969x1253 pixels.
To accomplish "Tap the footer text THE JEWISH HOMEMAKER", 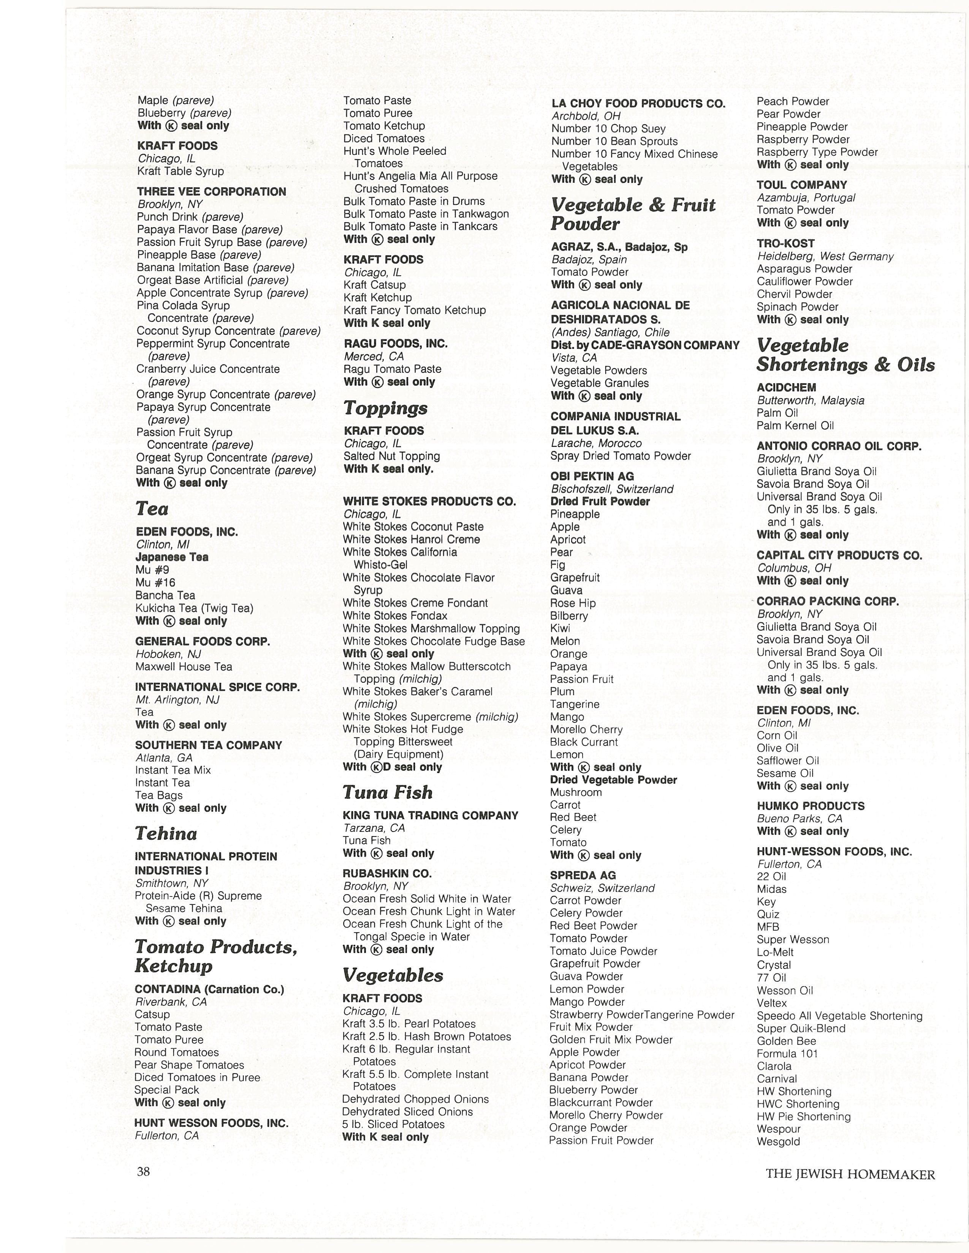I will click(850, 1174).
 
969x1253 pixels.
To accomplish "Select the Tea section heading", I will click(152, 509).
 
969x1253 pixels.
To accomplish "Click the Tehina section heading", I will click(166, 833).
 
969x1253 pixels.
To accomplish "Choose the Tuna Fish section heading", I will click(388, 792).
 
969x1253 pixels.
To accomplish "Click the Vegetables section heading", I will click(393, 975).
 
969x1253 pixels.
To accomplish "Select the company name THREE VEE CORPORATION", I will click(211, 192).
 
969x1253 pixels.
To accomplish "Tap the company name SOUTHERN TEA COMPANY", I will click(208, 745).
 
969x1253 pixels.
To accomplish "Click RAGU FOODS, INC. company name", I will click(396, 344).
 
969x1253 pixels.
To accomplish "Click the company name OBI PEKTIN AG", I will click(592, 476).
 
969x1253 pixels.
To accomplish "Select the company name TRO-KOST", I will click(785, 243).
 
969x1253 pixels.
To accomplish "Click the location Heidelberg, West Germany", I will click(825, 256).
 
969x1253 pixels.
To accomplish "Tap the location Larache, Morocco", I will click(595, 443).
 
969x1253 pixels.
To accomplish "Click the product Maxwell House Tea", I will click(184, 667).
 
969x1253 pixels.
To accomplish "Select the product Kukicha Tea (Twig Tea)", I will click(194, 608).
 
